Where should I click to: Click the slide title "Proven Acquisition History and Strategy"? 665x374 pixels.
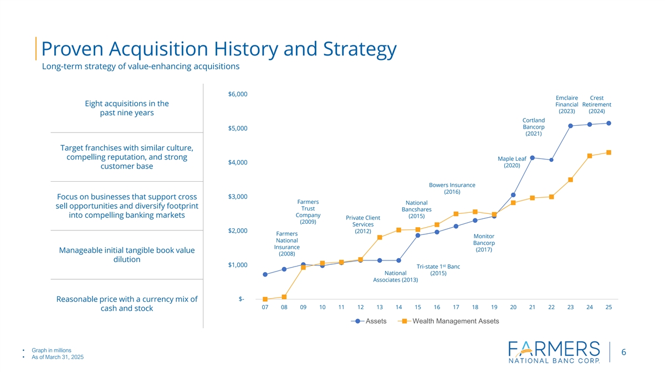point(219,50)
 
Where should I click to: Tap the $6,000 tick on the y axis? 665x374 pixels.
point(238,94)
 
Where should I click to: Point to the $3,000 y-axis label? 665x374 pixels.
point(238,197)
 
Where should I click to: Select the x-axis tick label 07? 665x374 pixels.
point(265,308)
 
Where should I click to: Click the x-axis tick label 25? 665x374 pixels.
point(608,308)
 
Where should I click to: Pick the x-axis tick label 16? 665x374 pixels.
point(437,308)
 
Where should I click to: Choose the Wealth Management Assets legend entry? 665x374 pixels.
point(449,321)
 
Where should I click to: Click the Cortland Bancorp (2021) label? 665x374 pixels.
point(533,127)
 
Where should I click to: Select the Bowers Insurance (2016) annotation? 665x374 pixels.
point(452,188)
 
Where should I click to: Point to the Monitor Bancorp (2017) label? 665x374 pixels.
point(484,243)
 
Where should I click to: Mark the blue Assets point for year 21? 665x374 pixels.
point(532,158)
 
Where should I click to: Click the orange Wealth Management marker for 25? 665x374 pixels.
point(608,152)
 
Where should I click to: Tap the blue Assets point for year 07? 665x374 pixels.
point(265,274)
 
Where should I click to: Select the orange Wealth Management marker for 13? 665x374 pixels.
point(380,238)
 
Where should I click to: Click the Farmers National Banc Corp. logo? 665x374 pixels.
point(554,352)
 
